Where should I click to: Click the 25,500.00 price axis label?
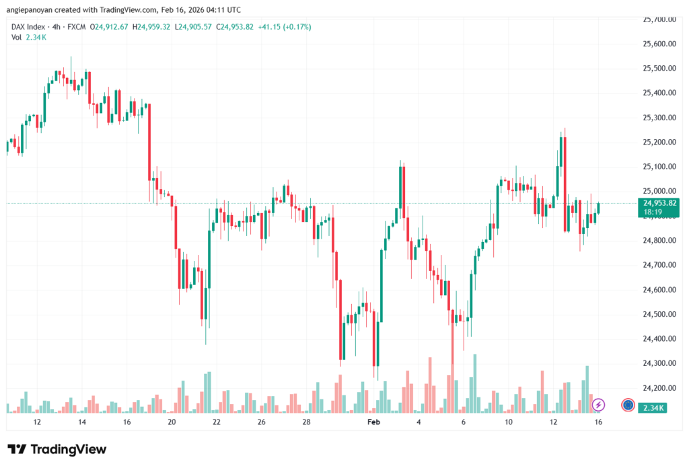click(x=658, y=69)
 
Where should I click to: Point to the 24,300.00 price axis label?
click(x=658, y=364)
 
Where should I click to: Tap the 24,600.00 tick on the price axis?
click(x=658, y=290)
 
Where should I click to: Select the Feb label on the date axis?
click(x=373, y=422)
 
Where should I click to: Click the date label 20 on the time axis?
click(x=172, y=422)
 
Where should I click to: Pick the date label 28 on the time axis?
click(x=306, y=422)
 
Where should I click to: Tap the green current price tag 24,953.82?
click(x=659, y=203)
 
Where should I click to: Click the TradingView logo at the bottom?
click(x=57, y=449)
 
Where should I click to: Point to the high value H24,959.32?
click(x=152, y=27)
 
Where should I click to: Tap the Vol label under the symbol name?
click(x=17, y=38)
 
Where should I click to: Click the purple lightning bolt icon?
click(x=599, y=405)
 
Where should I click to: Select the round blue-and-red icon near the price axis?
click(x=628, y=405)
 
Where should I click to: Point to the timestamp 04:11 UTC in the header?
click(x=225, y=9)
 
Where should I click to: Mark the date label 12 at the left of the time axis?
click(x=37, y=422)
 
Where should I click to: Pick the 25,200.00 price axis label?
click(x=658, y=143)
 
